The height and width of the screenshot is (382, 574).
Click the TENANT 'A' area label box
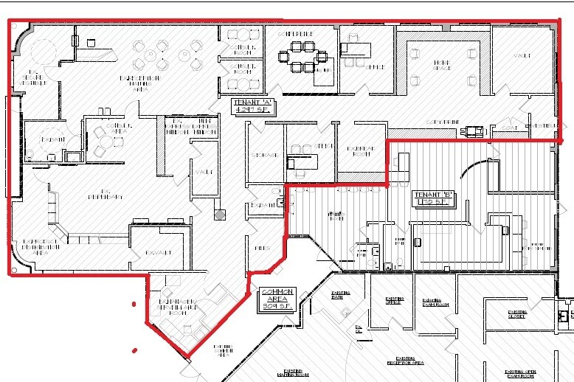pyautogui.click(x=253, y=105)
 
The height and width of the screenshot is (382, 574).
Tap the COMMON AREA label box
pyautogui.click(x=277, y=301)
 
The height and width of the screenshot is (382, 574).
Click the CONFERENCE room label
pyautogui.click(x=296, y=35)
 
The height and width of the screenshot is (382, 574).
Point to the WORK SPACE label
pyautogui.click(x=441, y=66)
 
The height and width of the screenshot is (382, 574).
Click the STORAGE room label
pyautogui.click(x=266, y=155)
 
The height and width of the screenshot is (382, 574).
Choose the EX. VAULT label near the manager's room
pyautogui.click(x=157, y=253)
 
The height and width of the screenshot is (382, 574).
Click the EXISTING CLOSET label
pyautogui.click(x=516, y=314)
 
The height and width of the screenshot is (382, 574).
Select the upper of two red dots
pyautogui.click(x=134, y=303)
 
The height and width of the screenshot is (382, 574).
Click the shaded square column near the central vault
pyautogui.click(x=218, y=215)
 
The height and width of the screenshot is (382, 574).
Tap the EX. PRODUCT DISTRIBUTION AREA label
pyautogui.click(x=35, y=246)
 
